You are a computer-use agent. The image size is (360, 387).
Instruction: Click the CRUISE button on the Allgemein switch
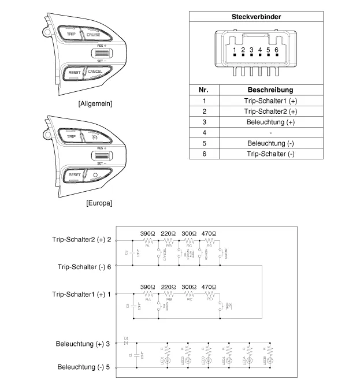(93, 35)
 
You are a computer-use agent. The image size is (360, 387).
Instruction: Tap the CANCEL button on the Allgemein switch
(95, 72)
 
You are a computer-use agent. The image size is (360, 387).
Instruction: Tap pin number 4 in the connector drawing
(260, 51)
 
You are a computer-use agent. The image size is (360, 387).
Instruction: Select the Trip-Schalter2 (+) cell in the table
(270, 111)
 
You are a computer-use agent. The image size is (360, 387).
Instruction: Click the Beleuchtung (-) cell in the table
(270, 143)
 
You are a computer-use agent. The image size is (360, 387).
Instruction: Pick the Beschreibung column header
(270, 90)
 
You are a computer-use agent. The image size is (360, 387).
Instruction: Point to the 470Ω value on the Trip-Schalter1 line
(208, 286)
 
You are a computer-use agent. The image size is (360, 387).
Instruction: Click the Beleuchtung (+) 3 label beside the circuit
(83, 344)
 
